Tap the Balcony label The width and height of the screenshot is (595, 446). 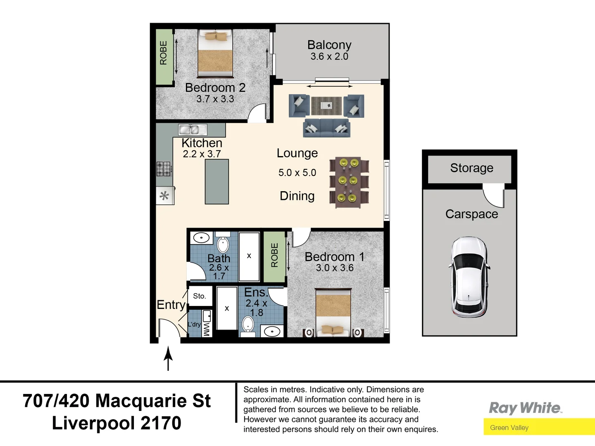(329, 45)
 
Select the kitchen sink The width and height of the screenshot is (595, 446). (193, 130)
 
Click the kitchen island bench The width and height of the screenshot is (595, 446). (217, 182)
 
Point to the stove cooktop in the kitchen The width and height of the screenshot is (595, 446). (164, 168)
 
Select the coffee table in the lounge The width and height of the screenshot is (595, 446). (326, 106)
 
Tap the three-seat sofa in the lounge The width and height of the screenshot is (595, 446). (326, 128)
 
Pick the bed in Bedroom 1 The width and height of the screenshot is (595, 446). (333, 312)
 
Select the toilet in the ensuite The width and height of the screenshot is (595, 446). (248, 324)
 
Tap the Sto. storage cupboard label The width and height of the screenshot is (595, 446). (200, 296)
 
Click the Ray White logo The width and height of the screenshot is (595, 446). (525, 408)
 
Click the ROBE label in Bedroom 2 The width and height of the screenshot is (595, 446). (164, 53)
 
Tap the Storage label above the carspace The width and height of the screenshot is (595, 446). (471, 168)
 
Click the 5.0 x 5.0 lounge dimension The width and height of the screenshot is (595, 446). (297, 173)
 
